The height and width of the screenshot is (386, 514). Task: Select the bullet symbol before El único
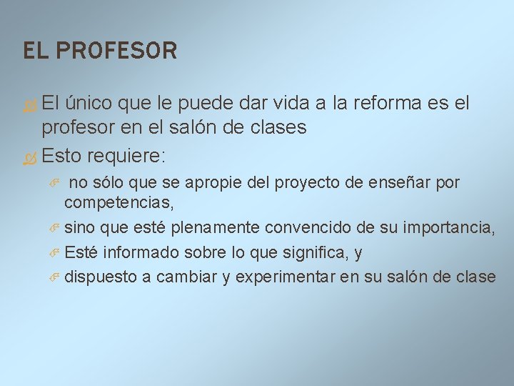31,104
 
